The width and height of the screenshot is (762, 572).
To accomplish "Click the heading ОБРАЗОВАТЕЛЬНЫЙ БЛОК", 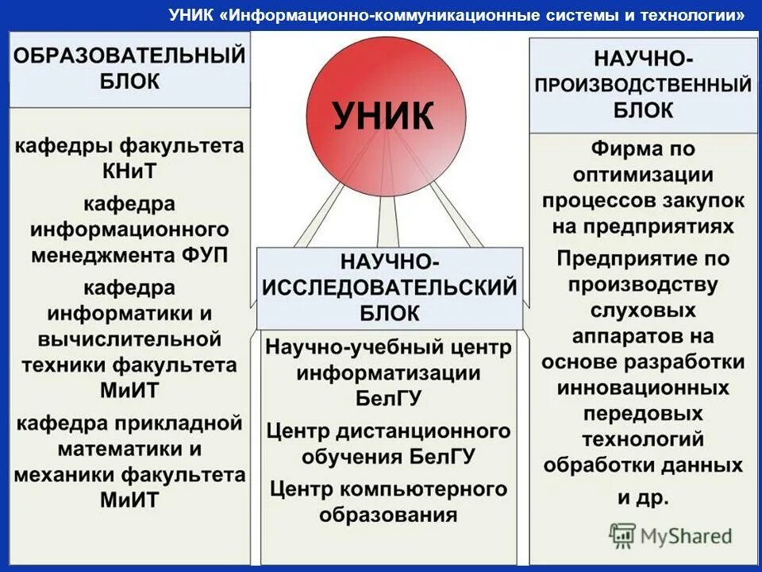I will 130,68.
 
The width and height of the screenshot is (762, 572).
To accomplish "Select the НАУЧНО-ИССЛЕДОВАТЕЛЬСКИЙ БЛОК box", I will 390,287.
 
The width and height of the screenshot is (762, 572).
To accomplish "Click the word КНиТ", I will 129,171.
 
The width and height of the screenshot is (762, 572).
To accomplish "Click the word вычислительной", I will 129,339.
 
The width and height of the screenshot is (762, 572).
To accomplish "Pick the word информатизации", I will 390,373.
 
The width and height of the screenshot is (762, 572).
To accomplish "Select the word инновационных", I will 643,388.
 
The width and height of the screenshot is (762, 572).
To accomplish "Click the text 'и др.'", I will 643,497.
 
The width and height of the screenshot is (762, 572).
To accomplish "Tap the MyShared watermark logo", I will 671,535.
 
